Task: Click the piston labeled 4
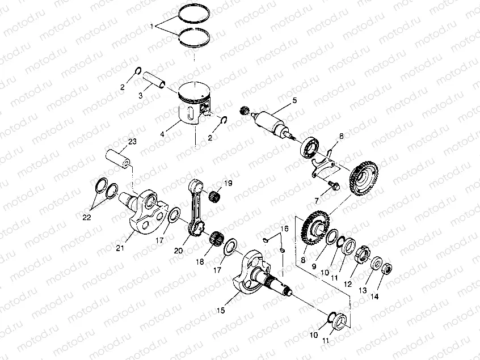tap(195, 104)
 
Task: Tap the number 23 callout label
tap(132, 142)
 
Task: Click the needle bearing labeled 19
tap(216, 196)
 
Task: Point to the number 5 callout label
tap(294, 100)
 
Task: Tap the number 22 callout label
tap(87, 217)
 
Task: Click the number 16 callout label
tap(284, 229)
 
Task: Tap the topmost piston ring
tap(195, 14)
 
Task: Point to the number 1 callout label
tap(152, 27)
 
